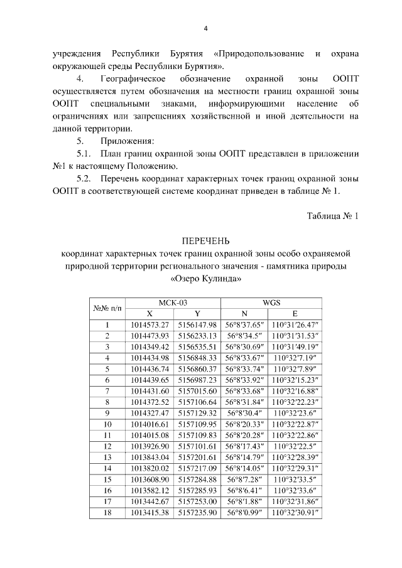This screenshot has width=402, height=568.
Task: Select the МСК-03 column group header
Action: click(x=173, y=302)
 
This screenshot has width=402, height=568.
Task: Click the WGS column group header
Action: click(x=271, y=302)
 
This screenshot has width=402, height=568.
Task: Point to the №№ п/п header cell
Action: click(x=107, y=308)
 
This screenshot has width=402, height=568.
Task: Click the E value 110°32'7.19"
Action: click(x=295, y=358)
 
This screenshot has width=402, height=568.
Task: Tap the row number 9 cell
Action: click(x=107, y=412)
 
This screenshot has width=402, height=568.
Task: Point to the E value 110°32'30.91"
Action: click(x=295, y=512)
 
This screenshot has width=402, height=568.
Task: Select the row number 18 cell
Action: click(x=107, y=512)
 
